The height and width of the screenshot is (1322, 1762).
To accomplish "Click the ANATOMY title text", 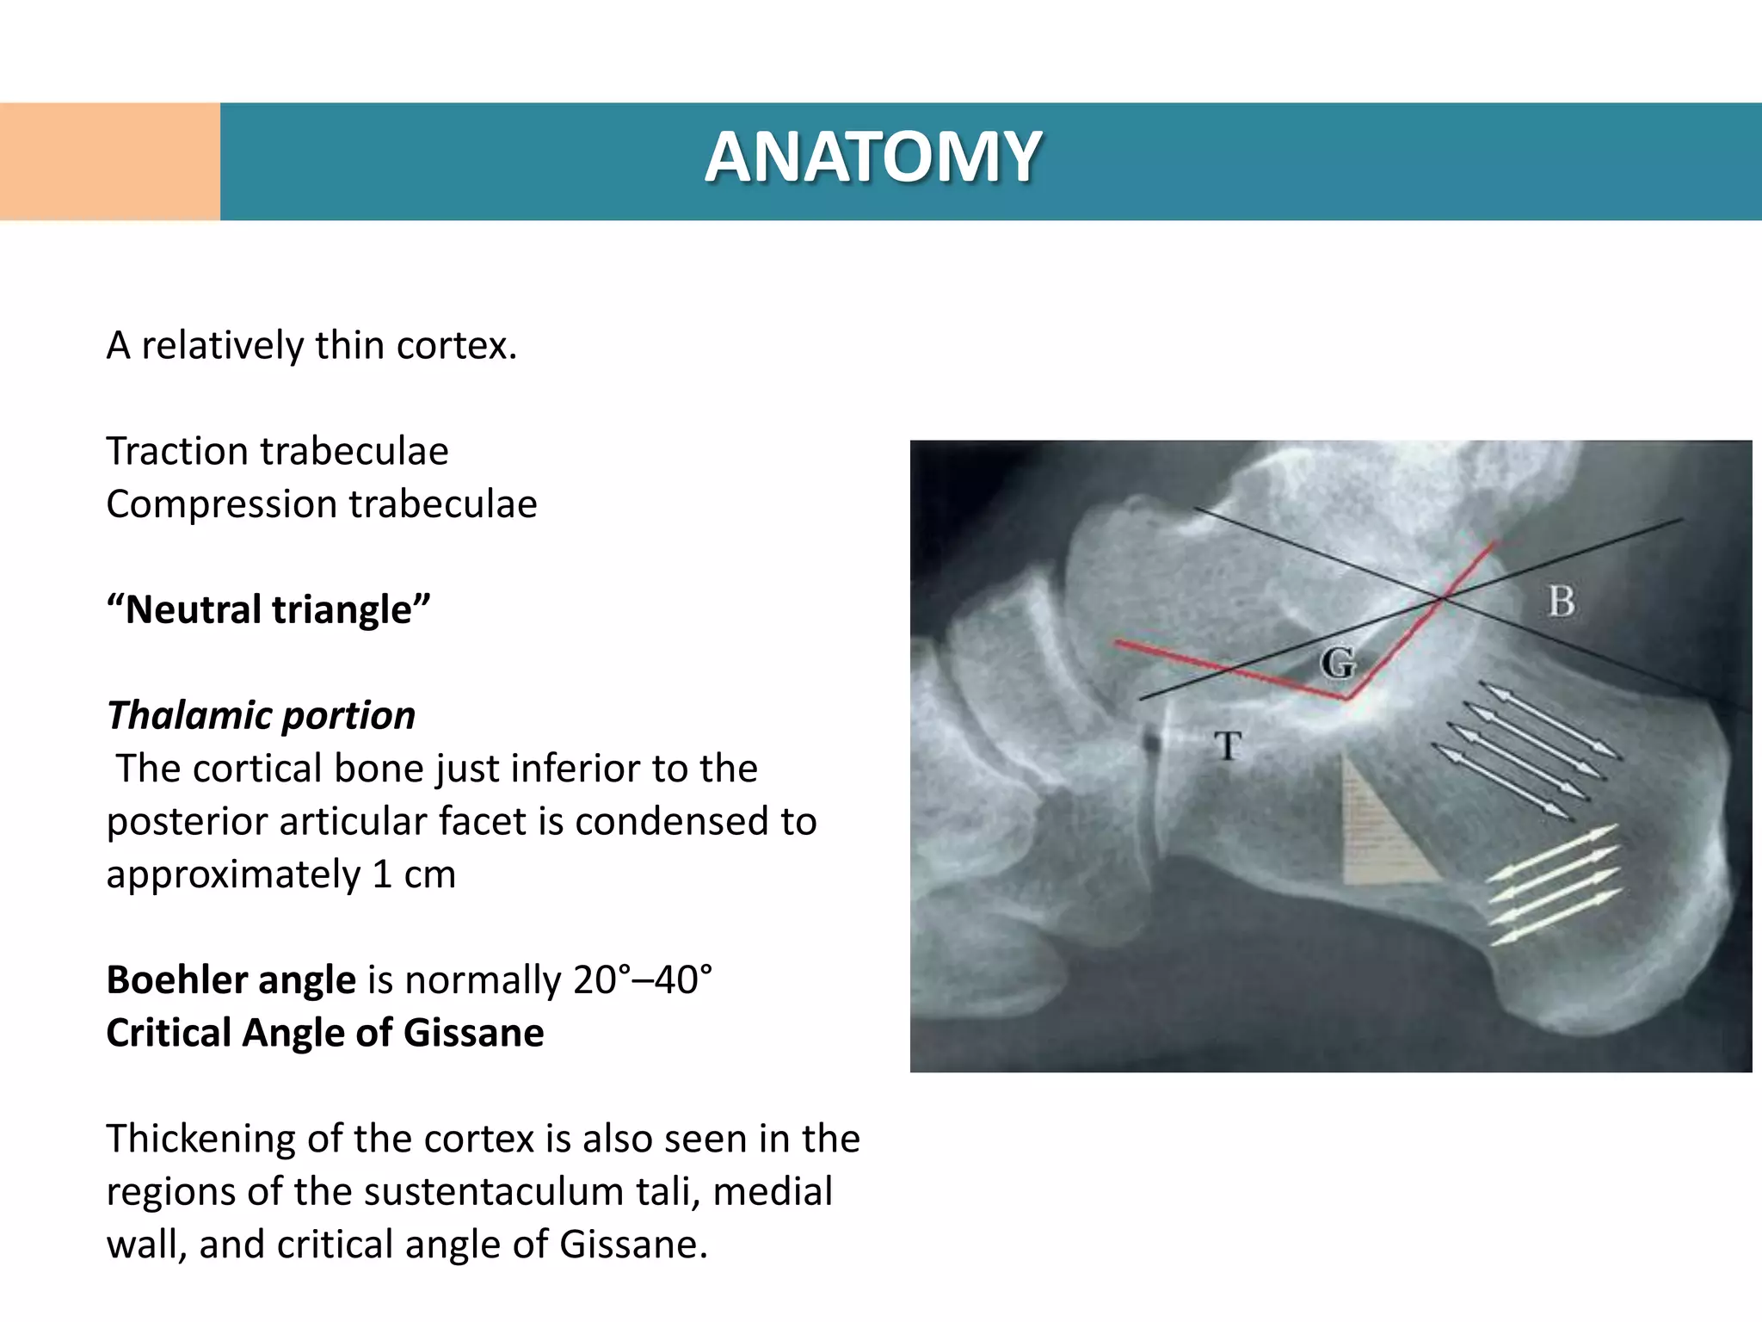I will point(873,158).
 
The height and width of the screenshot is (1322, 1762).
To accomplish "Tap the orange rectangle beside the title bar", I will point(109,162).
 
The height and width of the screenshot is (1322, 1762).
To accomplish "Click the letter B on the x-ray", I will point(1561,602).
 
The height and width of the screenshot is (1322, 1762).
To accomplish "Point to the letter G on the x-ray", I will point(1338,663).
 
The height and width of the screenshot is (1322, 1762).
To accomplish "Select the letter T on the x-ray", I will point(1229,745).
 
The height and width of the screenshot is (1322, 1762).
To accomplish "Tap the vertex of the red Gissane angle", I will point(1347,698).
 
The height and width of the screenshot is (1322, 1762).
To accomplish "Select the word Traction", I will point(177,452).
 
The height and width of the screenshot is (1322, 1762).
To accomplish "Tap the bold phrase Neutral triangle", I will point(268,610).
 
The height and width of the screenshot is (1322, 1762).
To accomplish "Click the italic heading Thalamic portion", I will point(262,716).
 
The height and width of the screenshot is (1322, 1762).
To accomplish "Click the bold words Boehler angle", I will point(231,980).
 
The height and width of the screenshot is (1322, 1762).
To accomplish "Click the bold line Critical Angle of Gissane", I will point(325,1033).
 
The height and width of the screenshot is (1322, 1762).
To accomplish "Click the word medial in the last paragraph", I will point(772,1192).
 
